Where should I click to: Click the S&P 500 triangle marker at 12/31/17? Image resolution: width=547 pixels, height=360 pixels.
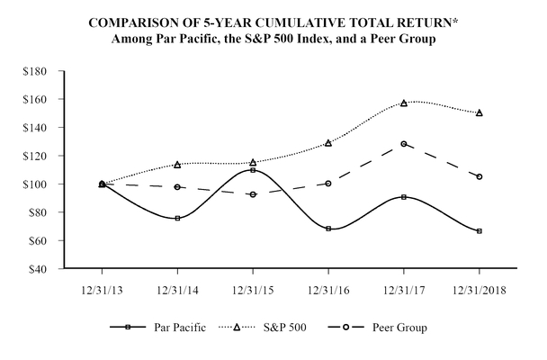[404, 103]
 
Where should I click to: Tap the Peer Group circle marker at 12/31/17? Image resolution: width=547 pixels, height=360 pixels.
[404, 143]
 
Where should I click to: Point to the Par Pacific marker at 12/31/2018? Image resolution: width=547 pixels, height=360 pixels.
[480, 231]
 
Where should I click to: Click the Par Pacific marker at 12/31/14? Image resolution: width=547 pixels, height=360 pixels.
[177, 218]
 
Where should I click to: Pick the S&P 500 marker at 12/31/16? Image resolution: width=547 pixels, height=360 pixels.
[328, 142]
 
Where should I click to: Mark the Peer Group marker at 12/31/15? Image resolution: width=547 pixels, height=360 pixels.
[253, 194]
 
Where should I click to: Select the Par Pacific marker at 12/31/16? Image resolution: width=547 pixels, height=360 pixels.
[328, 229]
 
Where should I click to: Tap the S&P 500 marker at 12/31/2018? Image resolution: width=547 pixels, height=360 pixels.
[480, 112]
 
